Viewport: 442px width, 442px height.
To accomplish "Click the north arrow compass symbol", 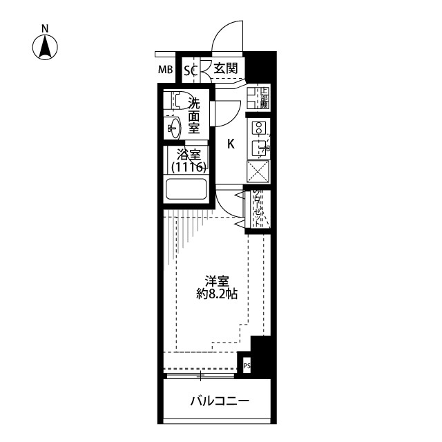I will pyautogui.click(x=46, y=47).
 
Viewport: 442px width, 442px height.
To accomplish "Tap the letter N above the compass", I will pyautogui.click(x=46, y=28).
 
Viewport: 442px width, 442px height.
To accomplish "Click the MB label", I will pyautogui.click(x=165, y=69).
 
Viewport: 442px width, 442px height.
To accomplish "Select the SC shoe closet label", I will pyautogui.click(x=191, y=69).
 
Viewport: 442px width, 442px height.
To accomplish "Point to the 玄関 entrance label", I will pyautogui.click(x=225, y=68).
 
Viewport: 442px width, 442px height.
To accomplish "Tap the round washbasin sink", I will pyautogui.click(x=174, y=127).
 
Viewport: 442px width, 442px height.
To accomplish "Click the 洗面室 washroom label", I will pyautogui.click(x=194, y=115).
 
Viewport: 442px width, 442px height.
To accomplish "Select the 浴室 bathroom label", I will pyautogui.click(x=188, y=155).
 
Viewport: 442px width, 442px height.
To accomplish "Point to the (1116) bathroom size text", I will pyautogui.click(x=188, y=168).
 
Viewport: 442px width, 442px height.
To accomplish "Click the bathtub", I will pyautogui.click(x=187, y=189).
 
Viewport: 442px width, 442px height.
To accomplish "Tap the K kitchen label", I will pyautogui.click(x=231, y=144).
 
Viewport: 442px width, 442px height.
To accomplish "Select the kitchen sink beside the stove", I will pyautogui.click(x=259, y=147).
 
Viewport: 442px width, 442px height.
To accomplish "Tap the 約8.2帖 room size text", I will pyautogui.click(x=217, y=294).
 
